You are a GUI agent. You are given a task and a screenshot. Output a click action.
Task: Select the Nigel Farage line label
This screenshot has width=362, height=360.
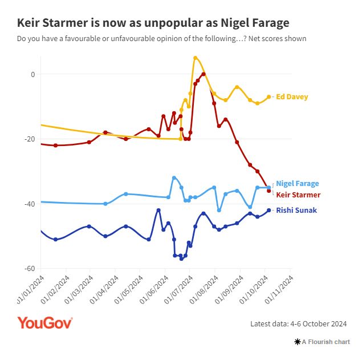pyautogui.click(x=297, y=184)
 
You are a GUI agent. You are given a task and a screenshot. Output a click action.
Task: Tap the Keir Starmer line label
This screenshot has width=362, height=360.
pyautogui.click(x=298, y=195)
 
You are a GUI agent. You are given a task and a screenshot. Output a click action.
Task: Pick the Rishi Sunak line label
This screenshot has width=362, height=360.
pyautogui.click(x=296, y=210)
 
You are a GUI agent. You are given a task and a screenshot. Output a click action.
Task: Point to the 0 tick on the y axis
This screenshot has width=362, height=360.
pyautogui.click(x=32, y=74)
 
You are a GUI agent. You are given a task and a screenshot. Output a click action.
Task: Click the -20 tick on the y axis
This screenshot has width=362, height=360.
pyautogui.click(x=30, y=139)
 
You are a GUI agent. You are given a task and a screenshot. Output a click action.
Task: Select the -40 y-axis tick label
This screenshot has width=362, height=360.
pyautogui.click(x=30, y=204)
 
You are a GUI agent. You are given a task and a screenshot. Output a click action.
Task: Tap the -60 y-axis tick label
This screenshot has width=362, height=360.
pyautogui.click(x=30, y=268)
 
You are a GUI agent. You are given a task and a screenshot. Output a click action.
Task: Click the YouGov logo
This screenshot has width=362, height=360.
pyautogui.click(x=44, y=323)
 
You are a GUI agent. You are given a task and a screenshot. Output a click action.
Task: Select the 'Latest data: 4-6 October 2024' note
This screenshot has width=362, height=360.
pyautogui.click(x=299, y=324)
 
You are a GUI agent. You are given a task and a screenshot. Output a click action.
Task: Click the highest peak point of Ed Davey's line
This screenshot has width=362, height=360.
pyautogui.click(x=195, y=58)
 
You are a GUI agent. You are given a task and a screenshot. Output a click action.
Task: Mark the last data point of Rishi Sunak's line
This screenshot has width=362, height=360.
pyautogui.click(x=269, y=210)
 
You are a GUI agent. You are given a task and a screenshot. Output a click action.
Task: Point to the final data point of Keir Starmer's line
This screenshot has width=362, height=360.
pyautogui.click(x=269, y=191)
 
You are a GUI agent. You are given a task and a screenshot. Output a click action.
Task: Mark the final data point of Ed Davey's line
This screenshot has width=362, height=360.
pyautogui.click(x=269, y=97)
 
